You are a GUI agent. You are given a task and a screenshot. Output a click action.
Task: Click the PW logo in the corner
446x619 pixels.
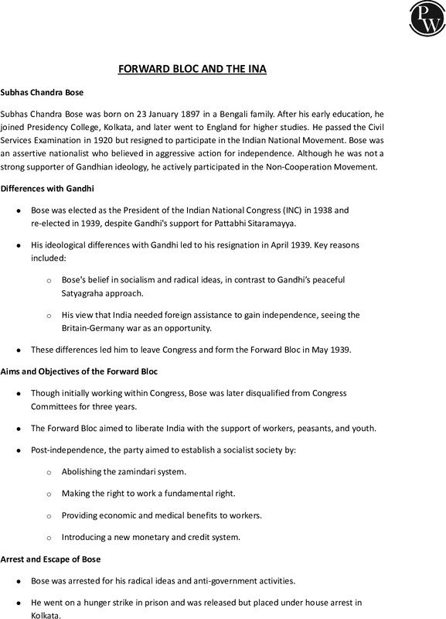tap(422, 20)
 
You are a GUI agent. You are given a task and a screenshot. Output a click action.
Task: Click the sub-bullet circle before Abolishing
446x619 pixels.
tap(50, 472)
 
